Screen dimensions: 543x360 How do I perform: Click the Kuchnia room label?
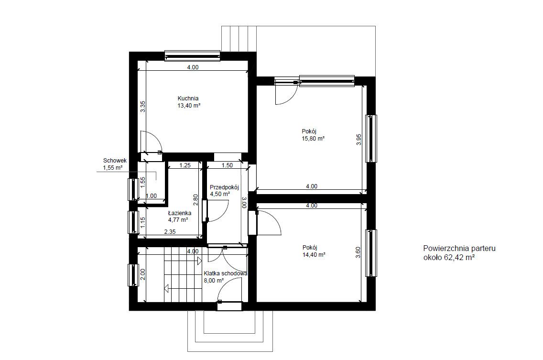coord(188,98)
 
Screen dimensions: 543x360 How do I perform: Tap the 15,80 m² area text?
coord(313,139)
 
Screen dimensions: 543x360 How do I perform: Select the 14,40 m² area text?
coord(314,255)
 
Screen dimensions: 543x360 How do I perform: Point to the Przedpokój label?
coord(224,187)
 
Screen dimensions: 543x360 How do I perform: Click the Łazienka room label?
coord(180,213)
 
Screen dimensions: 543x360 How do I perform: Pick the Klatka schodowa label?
coord(226,273)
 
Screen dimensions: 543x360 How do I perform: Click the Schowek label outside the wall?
coord(115,161)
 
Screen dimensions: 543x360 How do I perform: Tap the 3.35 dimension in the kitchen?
coord(142,107)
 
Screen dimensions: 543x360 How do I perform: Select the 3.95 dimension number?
coord(359,140)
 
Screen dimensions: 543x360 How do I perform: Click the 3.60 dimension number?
coord(359,252)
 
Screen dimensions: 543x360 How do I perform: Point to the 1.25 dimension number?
coord(185,165)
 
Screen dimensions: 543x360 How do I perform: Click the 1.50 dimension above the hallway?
coord(227,165)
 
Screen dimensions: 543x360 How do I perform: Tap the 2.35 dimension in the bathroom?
coord(170,232)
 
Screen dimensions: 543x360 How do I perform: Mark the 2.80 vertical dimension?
coord(195,199)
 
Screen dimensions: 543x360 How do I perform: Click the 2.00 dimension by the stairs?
coord(142,274)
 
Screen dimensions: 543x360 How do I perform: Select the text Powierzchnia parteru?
coord(459,249)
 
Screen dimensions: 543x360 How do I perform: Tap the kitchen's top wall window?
coord(193,56)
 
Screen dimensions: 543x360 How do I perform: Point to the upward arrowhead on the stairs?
coord(200,261)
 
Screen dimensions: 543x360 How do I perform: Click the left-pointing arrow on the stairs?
coord(166,288)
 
